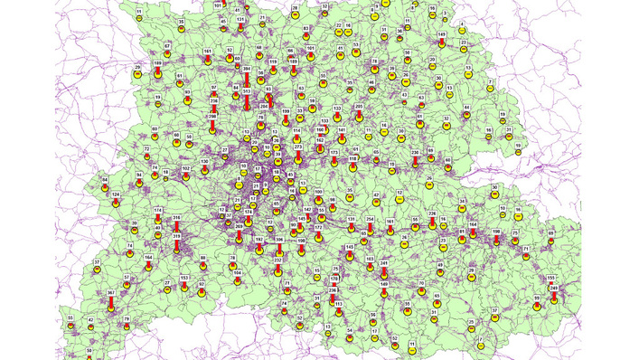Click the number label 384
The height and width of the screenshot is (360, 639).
pos(247,69)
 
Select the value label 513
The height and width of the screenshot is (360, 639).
pos(247,92)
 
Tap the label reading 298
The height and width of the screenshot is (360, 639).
pos(212,117)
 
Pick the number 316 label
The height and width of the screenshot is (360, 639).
pos(177,218)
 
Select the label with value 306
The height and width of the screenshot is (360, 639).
pos(279,240)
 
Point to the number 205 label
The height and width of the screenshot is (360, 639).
pos(359,107)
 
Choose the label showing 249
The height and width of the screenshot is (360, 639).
pos(553,288)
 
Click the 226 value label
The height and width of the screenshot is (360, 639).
pos(432,213)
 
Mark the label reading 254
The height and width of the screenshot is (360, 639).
pos(371,220)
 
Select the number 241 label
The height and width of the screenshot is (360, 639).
pos(384,262)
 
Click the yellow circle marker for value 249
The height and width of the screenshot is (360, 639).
pos(553,302)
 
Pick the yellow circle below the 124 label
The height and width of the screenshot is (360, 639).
pos(116,204)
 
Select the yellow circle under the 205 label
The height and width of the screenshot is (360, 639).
pos(359,120)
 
